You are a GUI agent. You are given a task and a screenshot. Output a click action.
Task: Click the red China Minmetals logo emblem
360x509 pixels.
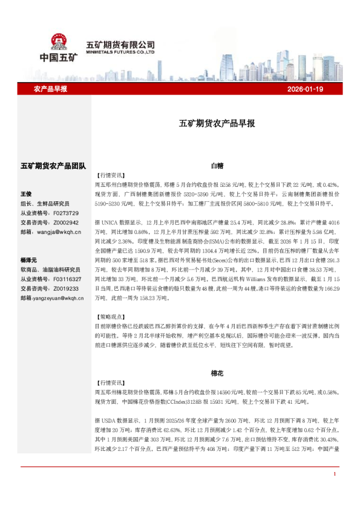tap(59, 42)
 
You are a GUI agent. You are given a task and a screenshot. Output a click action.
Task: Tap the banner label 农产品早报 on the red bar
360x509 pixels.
tap(50, 89)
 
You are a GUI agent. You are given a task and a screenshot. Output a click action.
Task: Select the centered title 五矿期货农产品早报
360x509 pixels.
tap(217, 123)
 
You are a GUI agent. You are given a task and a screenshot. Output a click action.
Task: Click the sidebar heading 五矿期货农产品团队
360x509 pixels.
tap(53, 165)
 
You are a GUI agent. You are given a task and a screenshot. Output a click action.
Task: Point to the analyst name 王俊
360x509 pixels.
tap(26, 195)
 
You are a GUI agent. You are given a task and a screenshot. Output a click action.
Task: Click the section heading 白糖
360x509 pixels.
tap(217, 164)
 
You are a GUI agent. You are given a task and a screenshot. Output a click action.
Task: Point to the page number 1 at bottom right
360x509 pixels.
tap(334, 490)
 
